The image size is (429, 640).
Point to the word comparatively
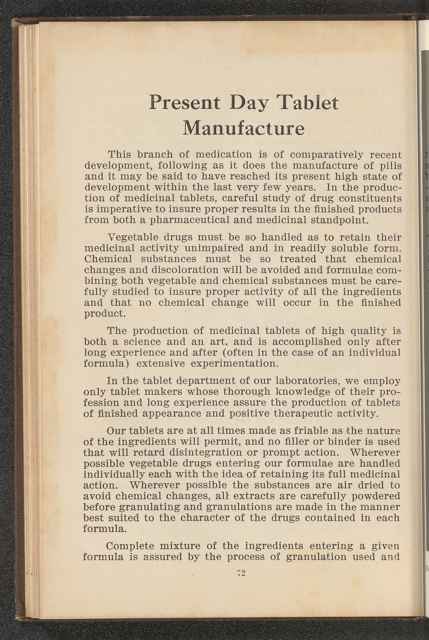point(326,155)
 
